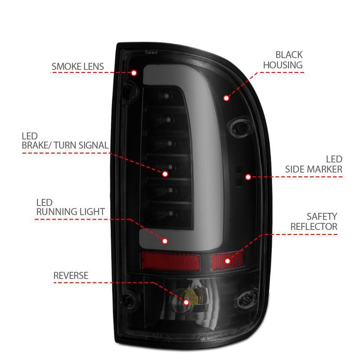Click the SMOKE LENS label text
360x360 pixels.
pos(77,67)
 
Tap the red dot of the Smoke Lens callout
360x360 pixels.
pos(134,72)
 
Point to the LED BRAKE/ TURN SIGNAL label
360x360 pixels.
pos(64,140)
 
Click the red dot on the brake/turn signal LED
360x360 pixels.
pos(165,173)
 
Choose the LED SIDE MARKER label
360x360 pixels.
pos(314,164)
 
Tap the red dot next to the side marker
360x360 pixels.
pos(247,177)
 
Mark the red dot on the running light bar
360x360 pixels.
pos(165,241)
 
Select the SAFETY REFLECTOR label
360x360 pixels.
pos(314,222)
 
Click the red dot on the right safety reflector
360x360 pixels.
pos(227,260)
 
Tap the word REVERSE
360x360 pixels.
pos(71,275)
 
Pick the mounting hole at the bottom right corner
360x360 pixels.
pos(247,298)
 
